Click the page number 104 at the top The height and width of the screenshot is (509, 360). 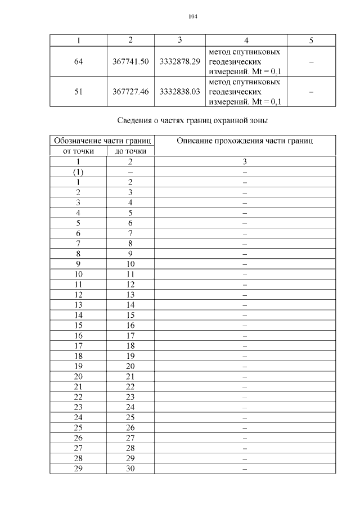click(x=193, y=16)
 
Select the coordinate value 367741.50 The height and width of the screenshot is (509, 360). click(x=130, y=61)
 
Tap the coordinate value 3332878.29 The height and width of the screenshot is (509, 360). click(x=180, y=61)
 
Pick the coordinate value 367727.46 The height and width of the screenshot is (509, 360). click(x=130, y=91)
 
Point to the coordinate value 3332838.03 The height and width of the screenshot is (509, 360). click(x=180, y=91)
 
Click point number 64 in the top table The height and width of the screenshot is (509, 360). click(x=78, y=61)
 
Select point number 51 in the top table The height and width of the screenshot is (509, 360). click(x=78, y=91)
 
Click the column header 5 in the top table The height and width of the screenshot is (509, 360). click(x=311, y=40)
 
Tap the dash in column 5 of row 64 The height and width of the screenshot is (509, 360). click(x=311, y=61)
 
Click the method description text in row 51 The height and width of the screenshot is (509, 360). click(x=245, y=91)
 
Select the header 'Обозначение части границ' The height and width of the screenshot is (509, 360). click(x=102, y=140)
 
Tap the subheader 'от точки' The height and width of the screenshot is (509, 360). click(x=78, y=151)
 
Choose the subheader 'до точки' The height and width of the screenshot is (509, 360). click(x=130, y=151)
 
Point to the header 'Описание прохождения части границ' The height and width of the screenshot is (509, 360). click(x=245, y=140)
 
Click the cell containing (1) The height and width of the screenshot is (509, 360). click(x=78, y=172)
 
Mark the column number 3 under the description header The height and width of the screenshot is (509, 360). click(x=245, y=161)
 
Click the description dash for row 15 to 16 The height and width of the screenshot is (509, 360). click(x=245, y=325)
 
